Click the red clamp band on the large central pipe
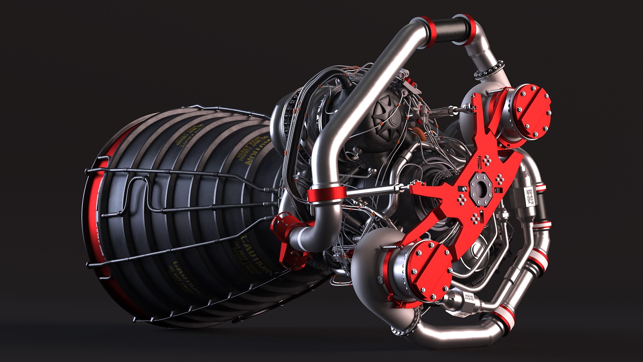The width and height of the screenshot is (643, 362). click(x=327, y=195)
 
